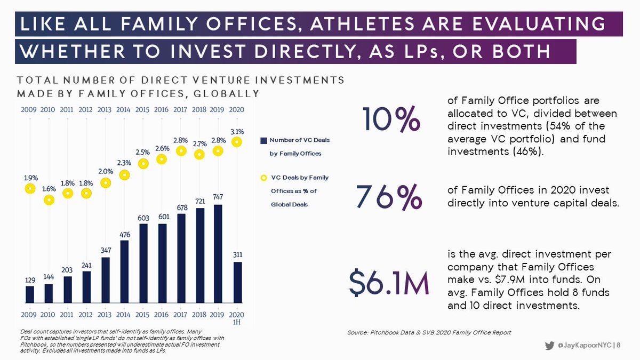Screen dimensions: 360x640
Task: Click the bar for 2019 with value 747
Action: pyautogui.click(x=218, y=253)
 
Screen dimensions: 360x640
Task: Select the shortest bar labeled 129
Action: pyautogui.click(x=30, y=294)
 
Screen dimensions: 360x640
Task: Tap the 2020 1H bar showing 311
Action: pyautogui.click(x=237, y=282)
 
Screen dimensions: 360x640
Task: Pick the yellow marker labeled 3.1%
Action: pyautogui.click(x=237, y=142)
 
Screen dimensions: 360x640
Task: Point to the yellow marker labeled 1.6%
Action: pyautogui.click(x=49, y=200)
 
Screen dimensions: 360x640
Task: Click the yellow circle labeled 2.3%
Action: pyautogui.click(x=124, y=174)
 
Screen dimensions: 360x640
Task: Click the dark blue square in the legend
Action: pyautogui.click(x=263, y=140)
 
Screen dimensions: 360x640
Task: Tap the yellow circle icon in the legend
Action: pyautogui.click(x=263, y=177)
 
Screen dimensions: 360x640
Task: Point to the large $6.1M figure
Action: pyautogui.click(x=389, y=284)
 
